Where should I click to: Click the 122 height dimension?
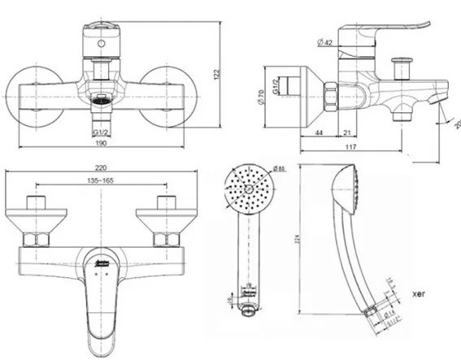(x=216, y=74)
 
